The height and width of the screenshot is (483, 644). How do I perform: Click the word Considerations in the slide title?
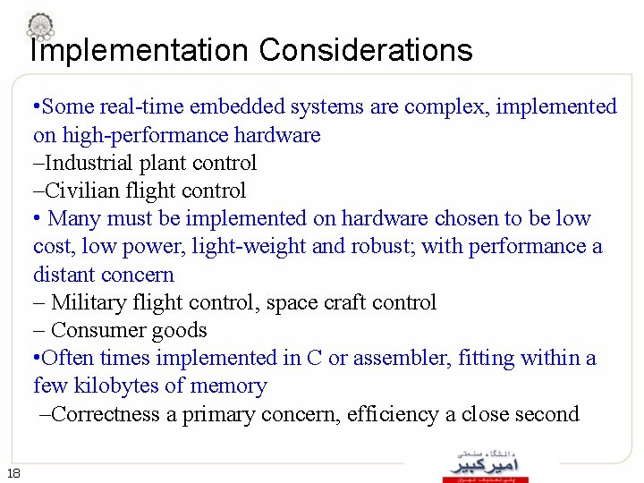click(x=366, y=50)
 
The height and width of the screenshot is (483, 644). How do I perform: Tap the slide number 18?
click(x=13, y=473)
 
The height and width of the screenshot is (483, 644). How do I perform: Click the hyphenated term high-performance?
click(x=151, y=135)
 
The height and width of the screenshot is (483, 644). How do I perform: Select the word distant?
click(x=64, y=275)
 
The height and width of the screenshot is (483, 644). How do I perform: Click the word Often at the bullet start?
click(x=68, y=359)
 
